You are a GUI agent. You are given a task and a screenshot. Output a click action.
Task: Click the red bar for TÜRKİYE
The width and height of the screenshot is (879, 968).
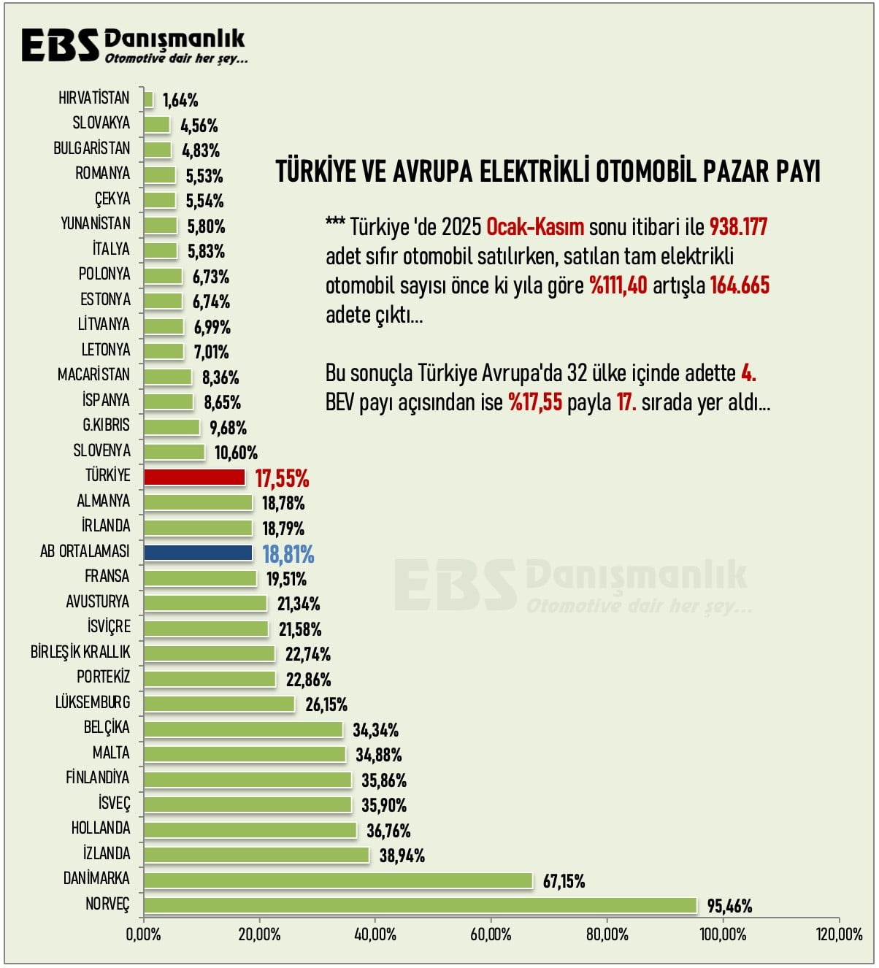tap(194, 477)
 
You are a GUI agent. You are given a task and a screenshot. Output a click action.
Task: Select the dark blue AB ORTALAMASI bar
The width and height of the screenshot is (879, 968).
tap(198, 553)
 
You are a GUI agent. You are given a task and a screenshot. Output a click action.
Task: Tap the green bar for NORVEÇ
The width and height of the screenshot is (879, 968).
tap(420, 905)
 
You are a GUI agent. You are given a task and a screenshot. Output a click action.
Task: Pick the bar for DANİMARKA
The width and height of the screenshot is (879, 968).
tap(337, 880)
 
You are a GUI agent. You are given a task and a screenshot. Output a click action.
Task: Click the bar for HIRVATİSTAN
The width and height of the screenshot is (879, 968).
tap(148, 99)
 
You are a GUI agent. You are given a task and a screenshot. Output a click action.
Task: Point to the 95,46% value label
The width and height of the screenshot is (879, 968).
tap(729, 906)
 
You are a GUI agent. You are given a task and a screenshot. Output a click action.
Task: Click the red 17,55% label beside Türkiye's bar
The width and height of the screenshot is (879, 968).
tap(282, 479)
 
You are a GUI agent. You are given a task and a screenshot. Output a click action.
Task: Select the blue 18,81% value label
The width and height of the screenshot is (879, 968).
tap(288, 555)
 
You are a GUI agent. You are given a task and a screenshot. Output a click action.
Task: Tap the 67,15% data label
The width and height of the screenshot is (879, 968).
tap(564, 881)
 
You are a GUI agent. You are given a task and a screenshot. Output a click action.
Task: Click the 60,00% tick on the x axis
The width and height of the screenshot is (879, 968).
tap(491, 934)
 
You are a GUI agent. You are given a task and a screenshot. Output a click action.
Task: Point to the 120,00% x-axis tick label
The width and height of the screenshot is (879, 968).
tap(839, 934)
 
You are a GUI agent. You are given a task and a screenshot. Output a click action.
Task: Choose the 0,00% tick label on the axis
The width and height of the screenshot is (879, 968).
tap(144, 934)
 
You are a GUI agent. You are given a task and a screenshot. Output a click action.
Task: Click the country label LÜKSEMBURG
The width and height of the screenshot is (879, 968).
tap(93, 702)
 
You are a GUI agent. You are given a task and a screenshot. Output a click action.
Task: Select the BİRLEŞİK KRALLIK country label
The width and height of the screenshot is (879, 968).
tap(80, 652)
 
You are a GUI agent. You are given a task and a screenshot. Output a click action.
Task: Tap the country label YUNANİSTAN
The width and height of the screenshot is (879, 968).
tap(96, 223)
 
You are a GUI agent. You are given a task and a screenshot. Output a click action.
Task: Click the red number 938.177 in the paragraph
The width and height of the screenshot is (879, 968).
tap(738, 227)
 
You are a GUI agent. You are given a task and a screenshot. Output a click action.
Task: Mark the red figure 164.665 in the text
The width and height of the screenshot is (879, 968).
tap(740, 285)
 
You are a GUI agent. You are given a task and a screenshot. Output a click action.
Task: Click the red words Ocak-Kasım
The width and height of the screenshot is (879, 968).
tap(535, 227)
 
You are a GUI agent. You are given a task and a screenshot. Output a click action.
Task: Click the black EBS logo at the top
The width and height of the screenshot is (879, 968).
tap(60, 45)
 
